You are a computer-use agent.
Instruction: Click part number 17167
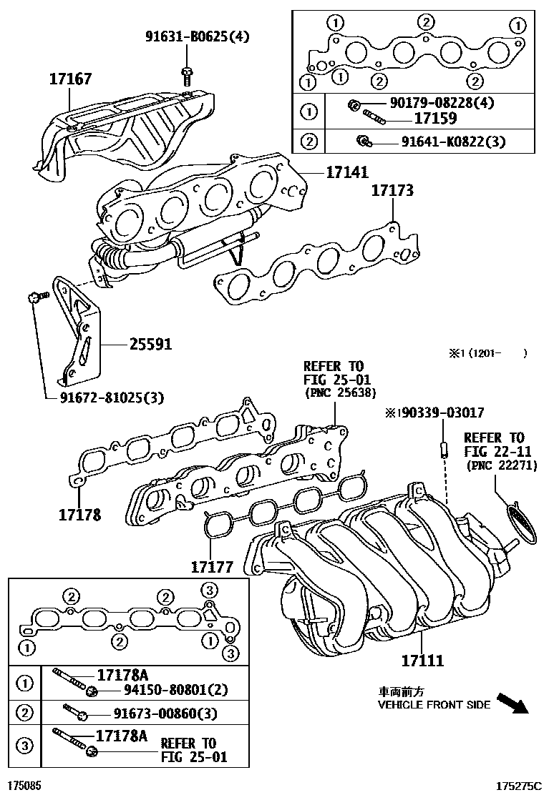click(70, 79)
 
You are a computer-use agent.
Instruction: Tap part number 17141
click(347, 172)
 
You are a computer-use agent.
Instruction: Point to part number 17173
click(392, 192)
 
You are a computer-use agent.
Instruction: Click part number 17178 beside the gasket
click(79, 514)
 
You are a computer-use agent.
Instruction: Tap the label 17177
click(212, 567)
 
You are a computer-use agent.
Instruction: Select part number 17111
click(422, 661)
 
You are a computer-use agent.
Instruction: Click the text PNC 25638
click(340, 392)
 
